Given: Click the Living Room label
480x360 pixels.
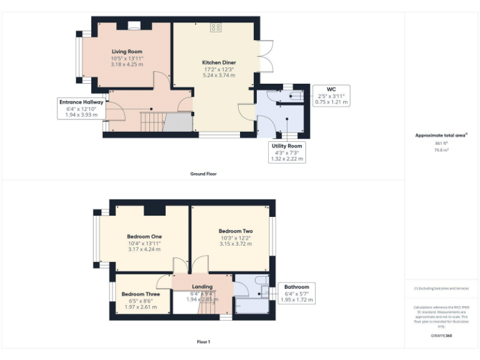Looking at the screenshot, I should click(x=127, y=52).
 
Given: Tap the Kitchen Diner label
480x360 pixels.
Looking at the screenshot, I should click(x=219, y=62).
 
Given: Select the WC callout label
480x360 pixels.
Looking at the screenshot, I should click(x=331, y=89).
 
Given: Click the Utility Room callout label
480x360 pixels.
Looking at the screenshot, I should click(x=287, y=146).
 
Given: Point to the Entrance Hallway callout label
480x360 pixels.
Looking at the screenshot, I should click(x=81, y=102).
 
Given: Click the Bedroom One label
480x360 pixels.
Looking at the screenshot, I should click(x=144, y=236).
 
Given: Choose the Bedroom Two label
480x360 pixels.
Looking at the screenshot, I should click(x=236, y=231).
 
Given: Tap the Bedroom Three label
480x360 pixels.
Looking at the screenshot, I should click(x=141, y=294).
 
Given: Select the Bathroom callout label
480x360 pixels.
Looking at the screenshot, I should click(x=296, y=287).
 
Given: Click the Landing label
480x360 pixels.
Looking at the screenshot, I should click(x=202, y=287).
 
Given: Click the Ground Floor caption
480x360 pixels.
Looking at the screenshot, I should click(x=203, y=174).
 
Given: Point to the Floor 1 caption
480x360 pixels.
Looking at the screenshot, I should click(x=203, y=342).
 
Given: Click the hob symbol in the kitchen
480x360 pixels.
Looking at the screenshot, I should click(x=216, y=27).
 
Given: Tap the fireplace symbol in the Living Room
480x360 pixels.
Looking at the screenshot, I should click(x=134, y=26).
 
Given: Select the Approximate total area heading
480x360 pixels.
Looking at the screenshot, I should click(x=441, y=135).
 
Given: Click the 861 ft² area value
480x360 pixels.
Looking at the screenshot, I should click(x=441, y=144).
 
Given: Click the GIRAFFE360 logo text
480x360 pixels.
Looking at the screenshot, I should click(x=441, y=336).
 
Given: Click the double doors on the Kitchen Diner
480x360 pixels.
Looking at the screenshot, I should click(x=265, y=56).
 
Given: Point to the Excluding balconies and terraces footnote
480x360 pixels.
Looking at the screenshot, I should click(x=441, y=288).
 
